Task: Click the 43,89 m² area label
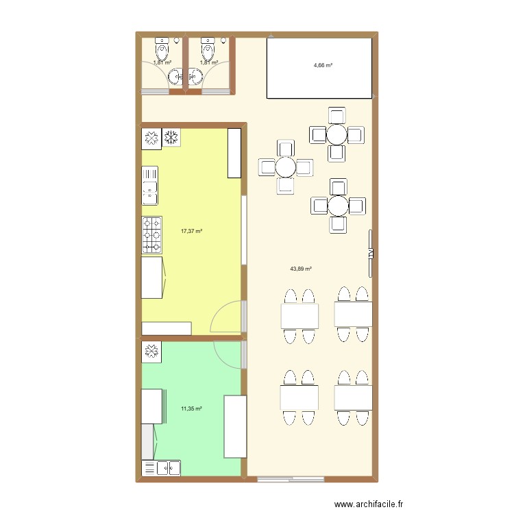click(301, 269)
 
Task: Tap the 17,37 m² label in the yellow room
click(191, 232)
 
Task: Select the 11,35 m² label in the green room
click(191, 409)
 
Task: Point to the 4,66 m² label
click(323, 66)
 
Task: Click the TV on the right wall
click(371, 253)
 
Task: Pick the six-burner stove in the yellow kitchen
click(151, 233)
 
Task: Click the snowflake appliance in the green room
click(151, 352)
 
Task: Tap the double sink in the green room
click(161, 468)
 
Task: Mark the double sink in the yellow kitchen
click(149, 185)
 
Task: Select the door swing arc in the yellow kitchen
click(228, 317)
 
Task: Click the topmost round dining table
click(336, 134)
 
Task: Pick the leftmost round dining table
click(285, 167)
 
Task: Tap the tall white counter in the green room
click(235, 426)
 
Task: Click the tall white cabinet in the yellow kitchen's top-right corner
click(235, 152)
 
